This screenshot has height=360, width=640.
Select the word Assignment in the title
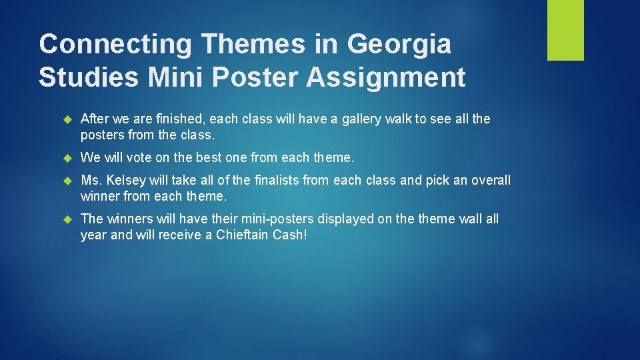(386, 77)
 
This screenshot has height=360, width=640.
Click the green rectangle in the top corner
(565, 30)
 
